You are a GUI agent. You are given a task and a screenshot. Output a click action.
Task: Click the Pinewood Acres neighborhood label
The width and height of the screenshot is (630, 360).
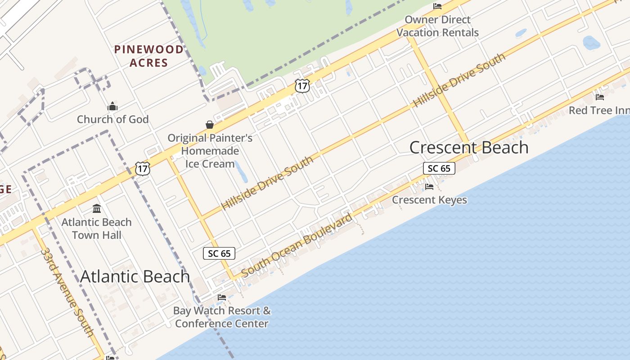[x=149, y=56]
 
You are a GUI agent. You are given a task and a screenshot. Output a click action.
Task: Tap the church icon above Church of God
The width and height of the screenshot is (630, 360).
[x=112, y=107]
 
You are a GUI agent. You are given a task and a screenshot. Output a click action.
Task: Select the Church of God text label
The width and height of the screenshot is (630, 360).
[x=112, y=119]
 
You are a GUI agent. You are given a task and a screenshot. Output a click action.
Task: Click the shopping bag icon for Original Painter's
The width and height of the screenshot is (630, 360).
[x=210, y=125]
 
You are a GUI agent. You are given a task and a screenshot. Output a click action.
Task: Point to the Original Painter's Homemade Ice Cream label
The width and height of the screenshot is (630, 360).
[x=210, y=151]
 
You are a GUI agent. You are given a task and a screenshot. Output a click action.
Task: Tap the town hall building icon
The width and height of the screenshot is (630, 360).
[x=97, y=209]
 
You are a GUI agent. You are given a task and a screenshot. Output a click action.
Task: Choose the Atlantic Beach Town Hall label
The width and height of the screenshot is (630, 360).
[x=96, y=229]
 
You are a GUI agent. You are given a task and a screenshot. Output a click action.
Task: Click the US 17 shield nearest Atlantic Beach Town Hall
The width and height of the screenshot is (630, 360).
[x=143, y=169]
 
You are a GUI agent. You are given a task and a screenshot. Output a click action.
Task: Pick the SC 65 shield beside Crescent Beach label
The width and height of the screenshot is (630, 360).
[x=439, y=168]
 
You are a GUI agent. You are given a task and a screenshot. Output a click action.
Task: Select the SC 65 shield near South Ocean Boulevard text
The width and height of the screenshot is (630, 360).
[x=219, y=253]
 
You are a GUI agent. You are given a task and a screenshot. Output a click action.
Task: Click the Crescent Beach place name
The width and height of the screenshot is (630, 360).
[x=469, y=148]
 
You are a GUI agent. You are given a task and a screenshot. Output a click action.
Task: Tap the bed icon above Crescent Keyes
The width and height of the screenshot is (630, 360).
[x=429, y=186]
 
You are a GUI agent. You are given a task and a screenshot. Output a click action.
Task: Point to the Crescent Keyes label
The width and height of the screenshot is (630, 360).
[x=429, y=200]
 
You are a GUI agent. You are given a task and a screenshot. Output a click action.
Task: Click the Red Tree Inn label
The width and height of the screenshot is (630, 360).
[x=598, y=110]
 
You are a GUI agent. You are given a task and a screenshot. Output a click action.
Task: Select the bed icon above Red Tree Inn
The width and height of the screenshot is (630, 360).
[x=600, y=97]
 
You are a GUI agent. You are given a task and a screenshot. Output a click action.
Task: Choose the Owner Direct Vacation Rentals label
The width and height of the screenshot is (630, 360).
[x=437, y=26]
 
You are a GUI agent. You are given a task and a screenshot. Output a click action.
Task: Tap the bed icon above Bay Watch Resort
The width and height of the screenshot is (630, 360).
[x=222, y=297]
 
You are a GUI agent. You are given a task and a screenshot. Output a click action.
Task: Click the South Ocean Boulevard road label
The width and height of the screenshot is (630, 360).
[x=297, y=246]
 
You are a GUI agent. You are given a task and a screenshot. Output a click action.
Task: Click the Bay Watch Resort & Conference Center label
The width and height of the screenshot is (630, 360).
[x=222, y=317]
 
